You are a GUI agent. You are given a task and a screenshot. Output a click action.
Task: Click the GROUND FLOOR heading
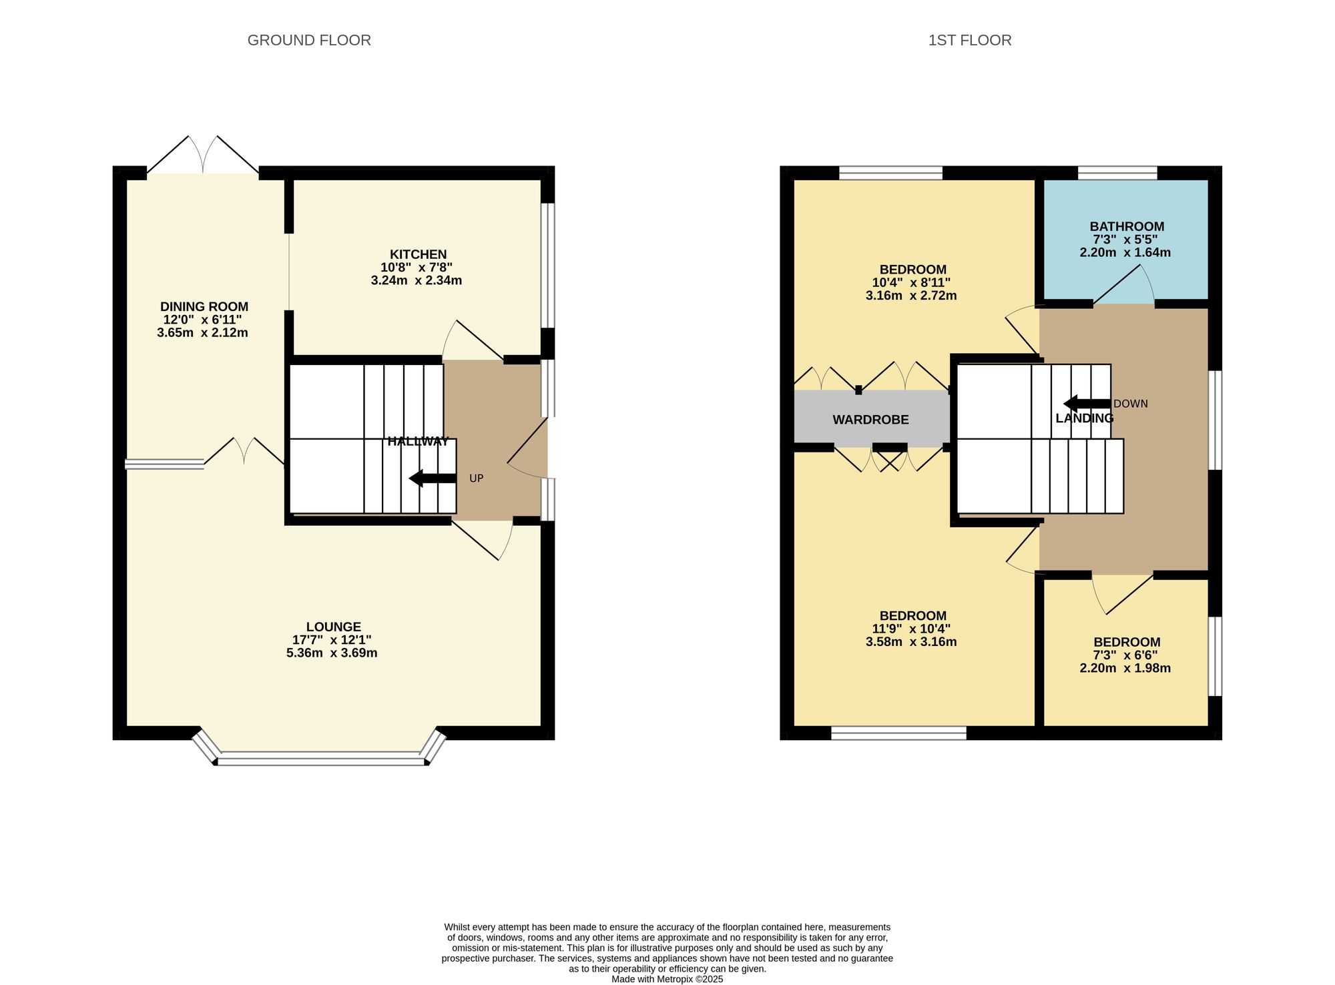click(309, 40)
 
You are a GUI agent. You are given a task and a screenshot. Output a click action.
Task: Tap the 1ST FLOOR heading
click(970, 40)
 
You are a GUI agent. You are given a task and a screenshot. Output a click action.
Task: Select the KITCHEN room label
click(418, 254)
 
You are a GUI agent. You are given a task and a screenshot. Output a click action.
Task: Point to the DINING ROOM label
click(204, 306)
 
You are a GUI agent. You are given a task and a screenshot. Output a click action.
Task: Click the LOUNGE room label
click(334, 627)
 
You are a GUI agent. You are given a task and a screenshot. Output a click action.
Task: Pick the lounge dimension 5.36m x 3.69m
click(332, 653)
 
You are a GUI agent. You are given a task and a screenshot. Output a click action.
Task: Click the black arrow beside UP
click(433, 478)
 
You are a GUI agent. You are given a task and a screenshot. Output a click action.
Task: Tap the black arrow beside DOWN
click(1087, 404)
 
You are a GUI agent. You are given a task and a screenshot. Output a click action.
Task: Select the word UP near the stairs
click(477, 478)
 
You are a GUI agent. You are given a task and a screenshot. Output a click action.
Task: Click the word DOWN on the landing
click(1131, 404)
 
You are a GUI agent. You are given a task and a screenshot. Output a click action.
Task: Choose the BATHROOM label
click(1127, 226)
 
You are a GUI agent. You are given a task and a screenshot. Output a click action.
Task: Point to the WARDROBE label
click(870, 420)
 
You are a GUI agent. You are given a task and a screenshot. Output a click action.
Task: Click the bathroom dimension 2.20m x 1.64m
click(1125, 252)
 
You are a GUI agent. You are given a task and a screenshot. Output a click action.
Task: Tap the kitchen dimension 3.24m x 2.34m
click(417, 280)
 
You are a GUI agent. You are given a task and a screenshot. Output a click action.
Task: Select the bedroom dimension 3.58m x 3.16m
click(911, 642)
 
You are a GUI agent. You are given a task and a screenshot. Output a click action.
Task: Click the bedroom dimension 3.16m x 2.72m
click(911, 295)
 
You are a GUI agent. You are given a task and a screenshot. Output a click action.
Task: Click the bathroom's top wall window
click(1117, 173)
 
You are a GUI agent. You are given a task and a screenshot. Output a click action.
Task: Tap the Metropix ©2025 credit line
click(667, 979)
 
